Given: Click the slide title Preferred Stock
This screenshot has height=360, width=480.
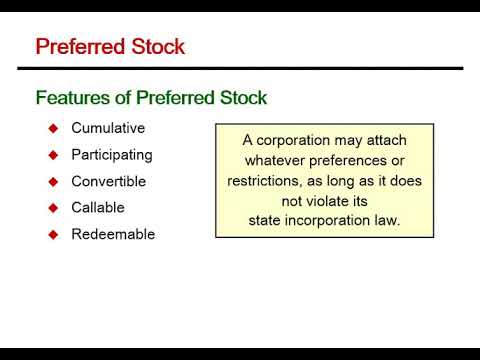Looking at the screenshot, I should (110, 46).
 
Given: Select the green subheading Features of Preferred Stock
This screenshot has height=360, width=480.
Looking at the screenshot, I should (151, 98).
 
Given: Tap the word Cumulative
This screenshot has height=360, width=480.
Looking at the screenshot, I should (108, 128).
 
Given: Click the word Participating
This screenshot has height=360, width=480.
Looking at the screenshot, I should (112, 155).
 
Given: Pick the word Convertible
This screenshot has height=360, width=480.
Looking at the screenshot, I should (109, 182).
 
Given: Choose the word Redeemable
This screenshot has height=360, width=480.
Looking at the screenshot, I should (113, 235).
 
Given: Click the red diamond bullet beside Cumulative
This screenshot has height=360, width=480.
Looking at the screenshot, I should (54, 128).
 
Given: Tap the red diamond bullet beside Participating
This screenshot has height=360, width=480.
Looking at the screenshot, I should (54, 155).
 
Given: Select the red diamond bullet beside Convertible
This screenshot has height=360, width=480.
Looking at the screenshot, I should (54, 182).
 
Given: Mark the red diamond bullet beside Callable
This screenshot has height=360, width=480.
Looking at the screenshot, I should (54, 208).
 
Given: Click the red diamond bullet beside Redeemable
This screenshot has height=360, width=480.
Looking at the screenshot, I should (54, 235).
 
